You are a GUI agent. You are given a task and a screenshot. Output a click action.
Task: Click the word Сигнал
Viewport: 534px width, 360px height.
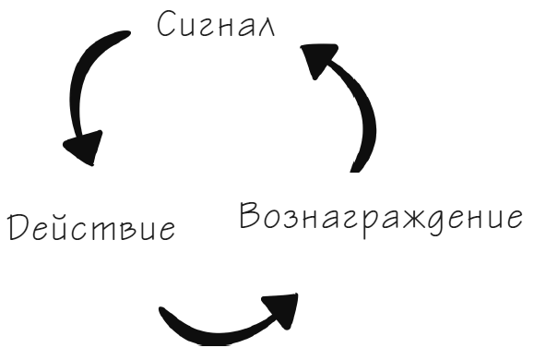224,23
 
